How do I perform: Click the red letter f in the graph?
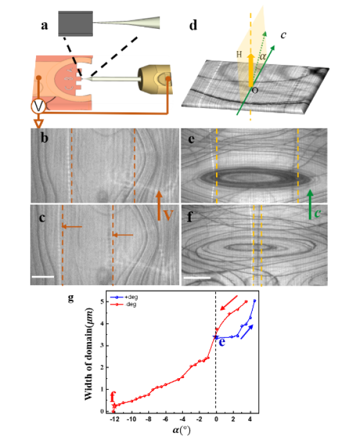click(112, 397)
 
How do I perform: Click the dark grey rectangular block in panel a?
click(76, 24)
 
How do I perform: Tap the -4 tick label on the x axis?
click(182, 420)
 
